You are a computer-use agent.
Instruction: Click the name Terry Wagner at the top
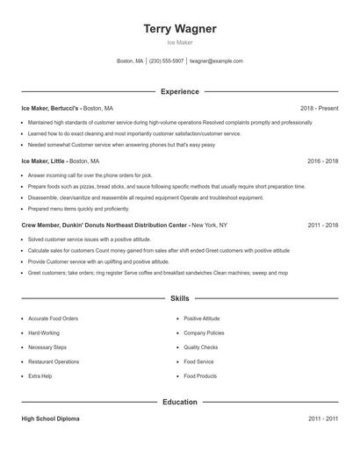coord(180,29)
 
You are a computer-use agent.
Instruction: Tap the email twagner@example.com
coord(216,61)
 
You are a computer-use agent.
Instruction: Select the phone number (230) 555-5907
coord(166,61)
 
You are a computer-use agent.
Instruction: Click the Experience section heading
coord(180,91)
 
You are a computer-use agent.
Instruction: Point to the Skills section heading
coord(180,298)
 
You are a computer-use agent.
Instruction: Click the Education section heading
coord(180,402)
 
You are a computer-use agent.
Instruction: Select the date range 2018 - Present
coord(319,108)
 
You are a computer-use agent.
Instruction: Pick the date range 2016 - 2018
coord(322,161)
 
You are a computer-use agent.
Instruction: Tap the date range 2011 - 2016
coord(322,225)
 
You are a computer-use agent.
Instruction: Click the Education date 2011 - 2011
coord(322,419)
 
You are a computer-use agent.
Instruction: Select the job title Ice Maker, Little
coord(43,161)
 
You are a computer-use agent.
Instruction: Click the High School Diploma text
coord(50,419)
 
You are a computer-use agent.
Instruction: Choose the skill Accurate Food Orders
coord(53,318)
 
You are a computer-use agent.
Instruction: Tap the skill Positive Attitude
coord(201,318)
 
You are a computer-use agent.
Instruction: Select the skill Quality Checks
coord(199,347)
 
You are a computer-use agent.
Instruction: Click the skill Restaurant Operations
coord(54,361)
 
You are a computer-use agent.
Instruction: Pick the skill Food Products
coord(200,376)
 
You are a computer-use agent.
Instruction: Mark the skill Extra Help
coord(40,376)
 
